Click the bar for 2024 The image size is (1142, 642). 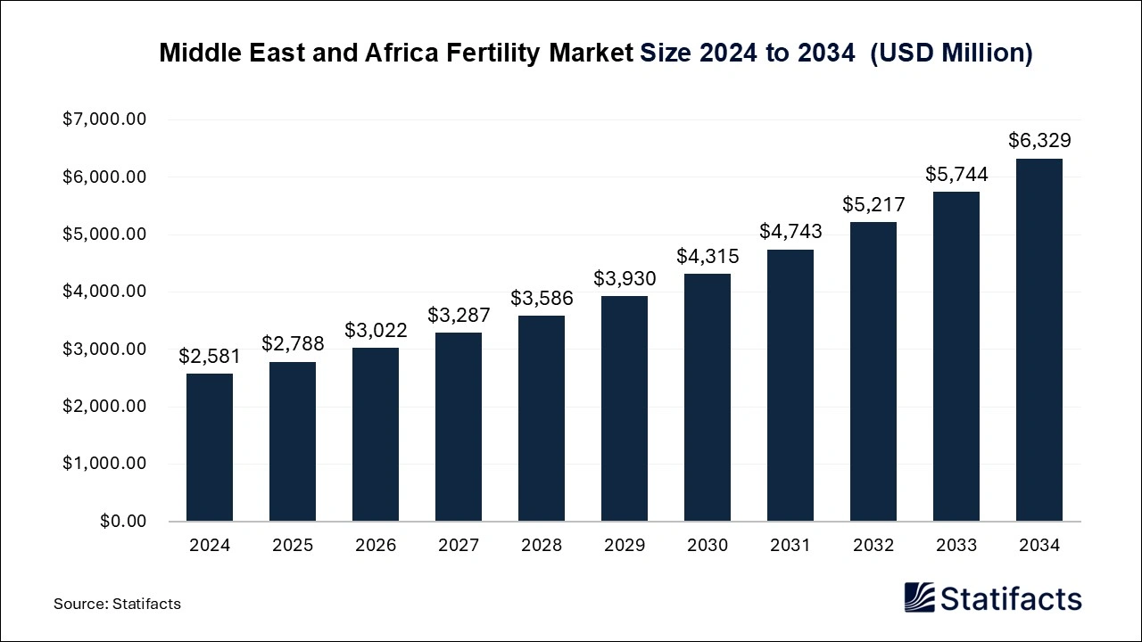coord(210,447)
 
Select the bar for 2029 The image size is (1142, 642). coord(625,408)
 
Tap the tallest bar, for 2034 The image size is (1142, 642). coord(1039,340)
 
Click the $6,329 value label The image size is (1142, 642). coord(1039,140)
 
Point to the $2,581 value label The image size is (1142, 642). coord(210,356)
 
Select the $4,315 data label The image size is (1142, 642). coord(708,256)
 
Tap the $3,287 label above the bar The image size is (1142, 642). coord(459,315)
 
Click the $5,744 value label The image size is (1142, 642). coord(956,174)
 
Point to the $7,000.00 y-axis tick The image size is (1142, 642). coord(104,119)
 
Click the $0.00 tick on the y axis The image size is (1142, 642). coord(122,521)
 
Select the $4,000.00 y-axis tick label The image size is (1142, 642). coord(104,292)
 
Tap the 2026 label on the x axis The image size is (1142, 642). coord(376,545)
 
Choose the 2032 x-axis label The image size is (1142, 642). coord(873,545)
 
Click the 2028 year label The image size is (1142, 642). coord(542,545)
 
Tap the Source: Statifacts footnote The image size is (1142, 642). coord(117,604)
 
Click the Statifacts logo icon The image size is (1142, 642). coord(920,597)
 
